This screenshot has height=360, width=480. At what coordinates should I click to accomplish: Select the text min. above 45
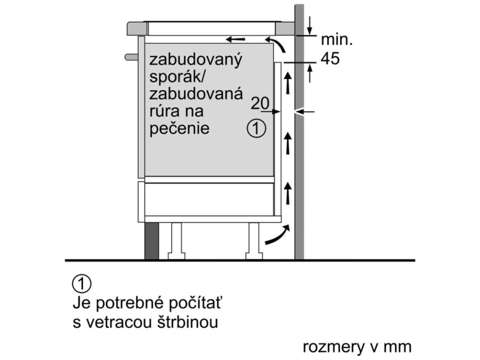tap(337, 39)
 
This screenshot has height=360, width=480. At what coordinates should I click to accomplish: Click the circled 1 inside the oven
tap(256, 128)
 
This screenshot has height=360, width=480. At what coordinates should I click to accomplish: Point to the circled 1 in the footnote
tap(82, 284)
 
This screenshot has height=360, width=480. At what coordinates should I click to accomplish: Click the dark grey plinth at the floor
tap(151, 241)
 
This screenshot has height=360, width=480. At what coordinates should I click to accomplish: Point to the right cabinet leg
tap(253, 240)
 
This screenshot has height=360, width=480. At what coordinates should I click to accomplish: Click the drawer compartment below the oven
tap(208, 199)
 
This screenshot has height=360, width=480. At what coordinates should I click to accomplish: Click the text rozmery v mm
tap(357, 347)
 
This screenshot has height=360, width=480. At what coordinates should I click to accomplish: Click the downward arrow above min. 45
tap(310, 26)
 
